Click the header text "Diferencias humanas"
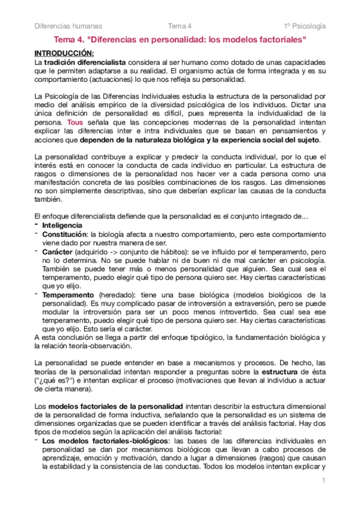tap(68, 26)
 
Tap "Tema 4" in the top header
tap(180, 26)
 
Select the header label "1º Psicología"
tap(305, 26)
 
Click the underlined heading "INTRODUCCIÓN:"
tap(64, 53)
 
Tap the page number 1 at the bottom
tap(323, 481)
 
